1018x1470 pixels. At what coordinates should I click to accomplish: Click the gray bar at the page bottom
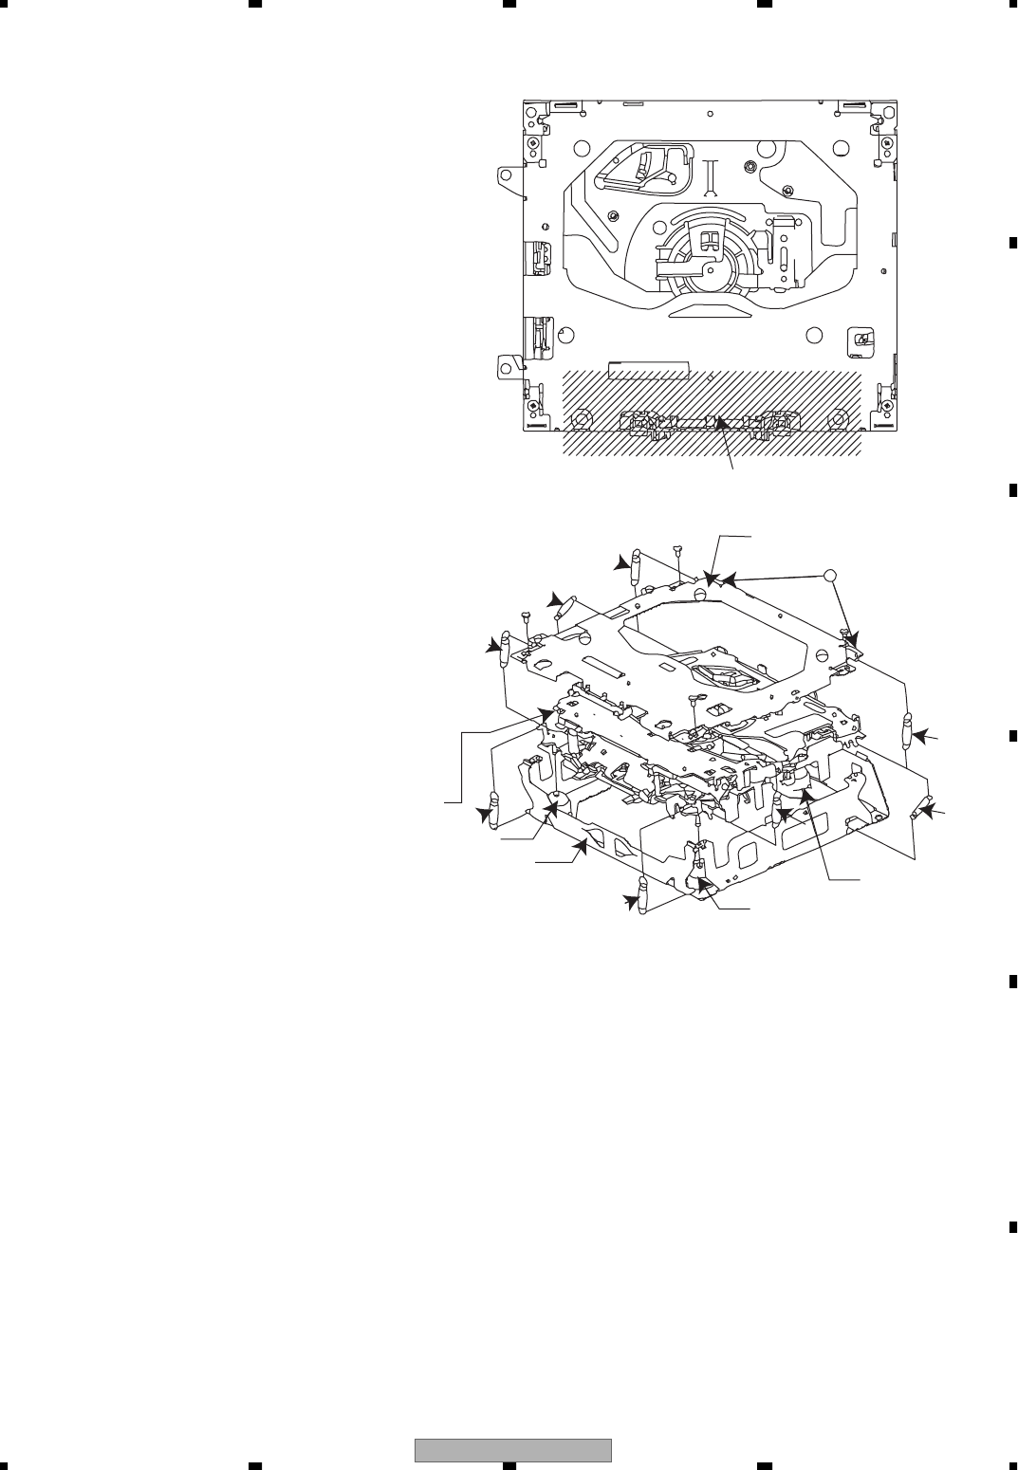click(512, 1451)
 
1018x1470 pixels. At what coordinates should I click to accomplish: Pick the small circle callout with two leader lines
click(829, 575)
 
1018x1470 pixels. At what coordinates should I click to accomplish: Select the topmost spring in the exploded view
click(636, 565)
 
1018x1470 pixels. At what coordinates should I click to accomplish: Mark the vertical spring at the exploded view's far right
click(909, 731)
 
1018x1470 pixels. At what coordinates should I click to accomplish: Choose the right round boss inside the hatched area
click(836, 416)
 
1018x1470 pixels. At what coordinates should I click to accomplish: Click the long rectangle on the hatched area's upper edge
click(648, 366)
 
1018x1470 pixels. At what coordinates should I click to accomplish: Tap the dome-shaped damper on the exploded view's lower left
click(558, 799)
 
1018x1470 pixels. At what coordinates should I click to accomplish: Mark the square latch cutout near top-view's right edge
click(861, 340)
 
